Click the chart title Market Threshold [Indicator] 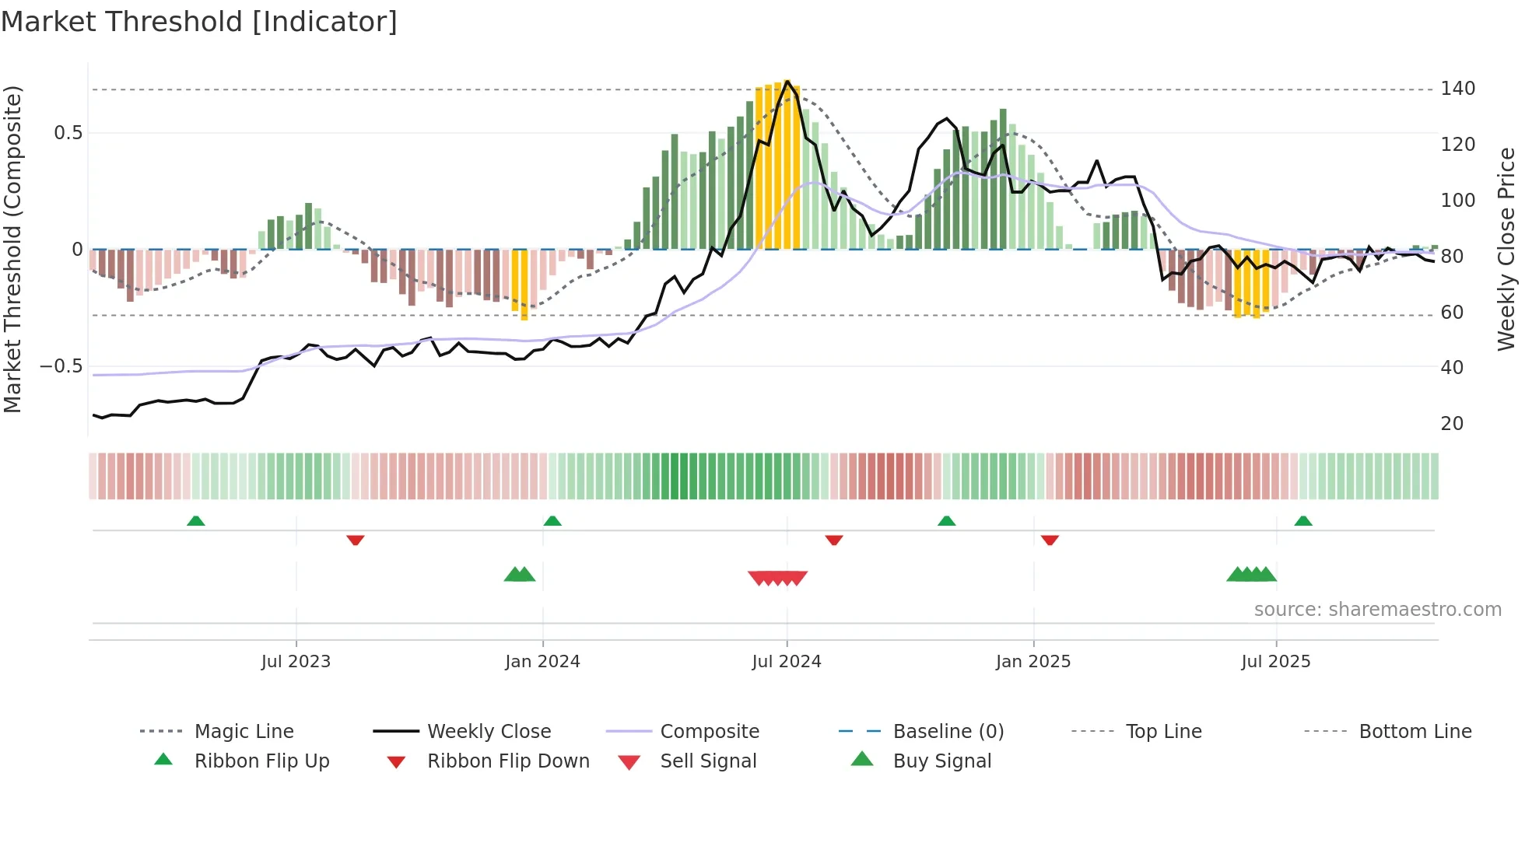(199, 22)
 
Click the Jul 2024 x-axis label (786, 662)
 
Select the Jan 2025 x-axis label (1032, 662)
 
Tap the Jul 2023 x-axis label (296, 662)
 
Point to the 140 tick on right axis (1457, 89)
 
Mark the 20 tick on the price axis (1452, 424)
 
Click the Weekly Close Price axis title (1506, 249)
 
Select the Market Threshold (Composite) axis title (12, 249)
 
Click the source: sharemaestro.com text (1377, 610)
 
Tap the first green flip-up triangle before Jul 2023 (196, 521)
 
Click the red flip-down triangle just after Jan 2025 (1050, 540)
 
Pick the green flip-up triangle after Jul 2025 (1303, 521)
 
